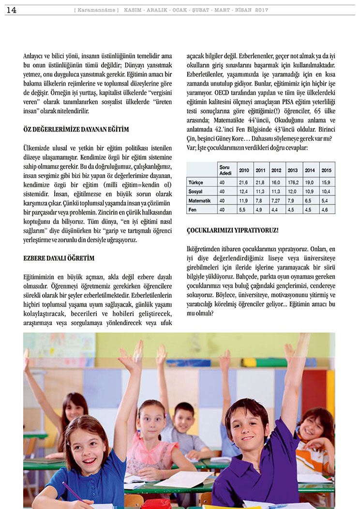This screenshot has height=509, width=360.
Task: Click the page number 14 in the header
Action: pyautogui.click(x=11, y=10)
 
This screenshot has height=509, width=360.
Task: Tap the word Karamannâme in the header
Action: pyautogui.click(x=97, y=10)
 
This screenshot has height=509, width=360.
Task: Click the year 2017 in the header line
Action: pyautogui.click(x=262, y=10)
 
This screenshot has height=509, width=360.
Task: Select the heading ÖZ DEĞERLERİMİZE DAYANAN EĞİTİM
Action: pyautogui.click(x=76, y=129)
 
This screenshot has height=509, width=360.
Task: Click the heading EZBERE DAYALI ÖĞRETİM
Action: pyautogui.click(x=59, y=258)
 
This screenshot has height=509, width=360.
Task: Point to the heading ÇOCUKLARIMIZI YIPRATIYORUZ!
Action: pyautogui.click(x=232, y=230)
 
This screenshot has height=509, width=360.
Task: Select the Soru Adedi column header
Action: pyautogui.click(x=225, y=170)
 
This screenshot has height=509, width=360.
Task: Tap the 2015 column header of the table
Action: pyautogui.click(x=327, y=170)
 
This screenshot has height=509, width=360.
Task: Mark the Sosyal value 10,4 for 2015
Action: pyautogui.click(x=327, y=191)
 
